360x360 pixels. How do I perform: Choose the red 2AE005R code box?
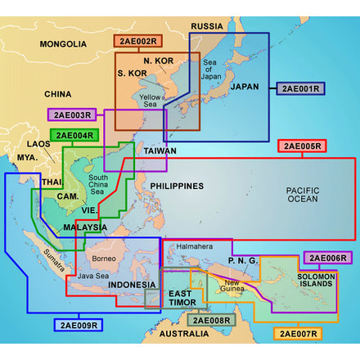click(303, 147)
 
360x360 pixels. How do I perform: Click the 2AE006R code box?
click(327, 259)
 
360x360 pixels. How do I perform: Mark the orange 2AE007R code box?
click(299, 334)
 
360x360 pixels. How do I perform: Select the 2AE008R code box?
click(211, 321)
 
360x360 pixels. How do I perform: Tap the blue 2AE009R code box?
click(79, 325)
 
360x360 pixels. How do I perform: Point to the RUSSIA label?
click(207, 27)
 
